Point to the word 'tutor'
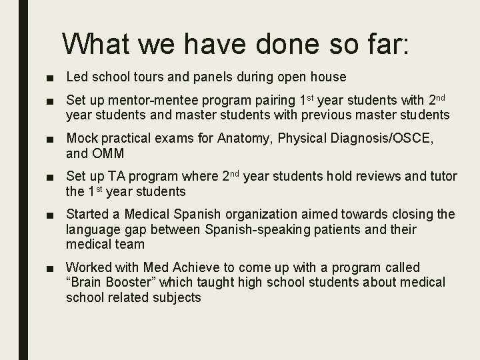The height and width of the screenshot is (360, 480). pyautogui.click(x=441, y=177)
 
